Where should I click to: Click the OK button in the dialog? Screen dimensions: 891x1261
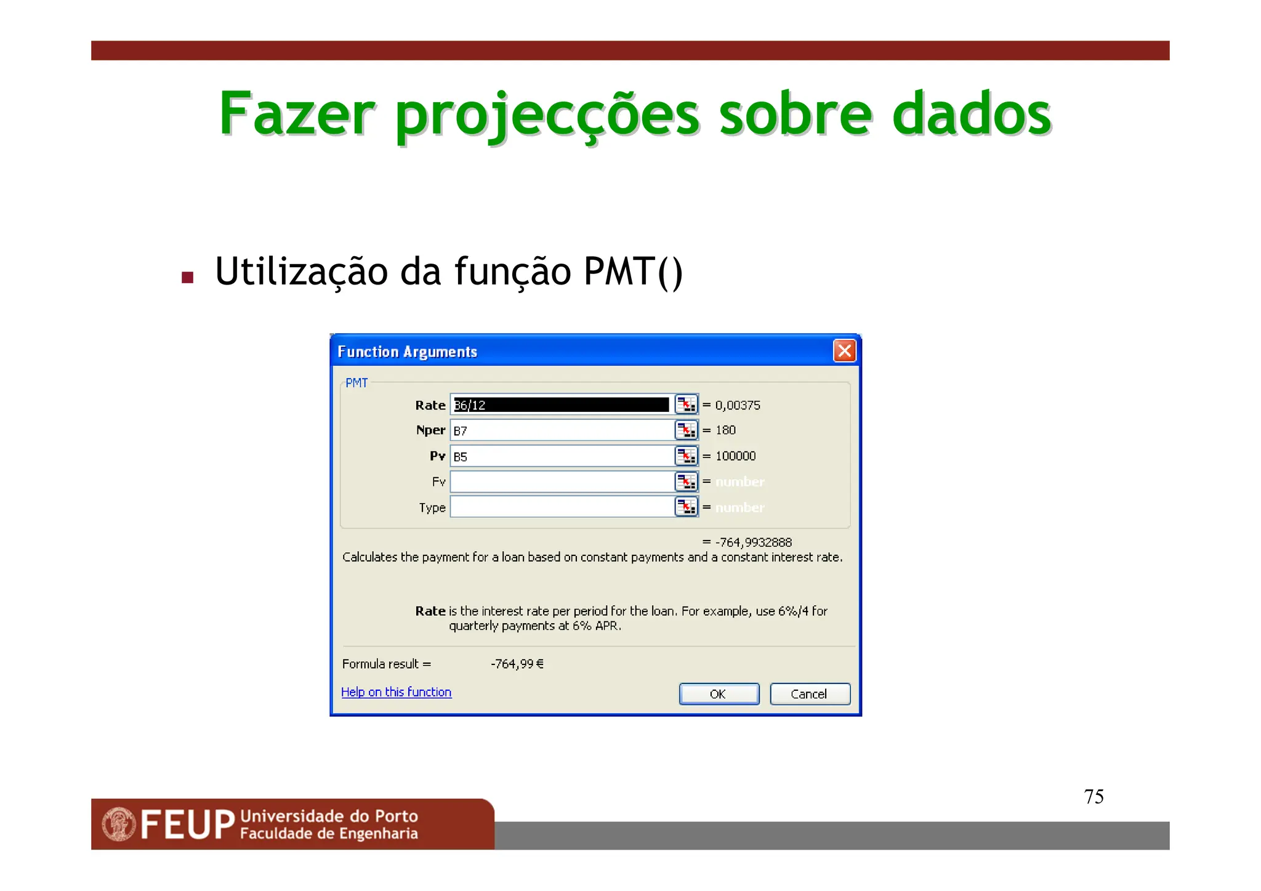[x=719, y=694]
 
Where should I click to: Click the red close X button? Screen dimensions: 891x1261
[x=844, y=351]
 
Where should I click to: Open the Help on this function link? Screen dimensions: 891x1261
[x=396, y=692]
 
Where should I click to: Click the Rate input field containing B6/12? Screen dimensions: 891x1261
[x=561, y=405]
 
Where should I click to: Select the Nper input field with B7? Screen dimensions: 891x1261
[x=561, y=430]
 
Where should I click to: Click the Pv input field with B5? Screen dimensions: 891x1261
[x=561, y=456]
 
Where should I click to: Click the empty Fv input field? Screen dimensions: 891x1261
[x=561, y=482]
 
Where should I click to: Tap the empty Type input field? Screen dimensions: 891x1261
[x=561, y=507]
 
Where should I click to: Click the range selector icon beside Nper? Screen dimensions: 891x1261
[x=686, y=430]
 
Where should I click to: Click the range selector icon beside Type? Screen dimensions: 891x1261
[x=686, y=507]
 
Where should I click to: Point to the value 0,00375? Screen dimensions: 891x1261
[x=738, y=405]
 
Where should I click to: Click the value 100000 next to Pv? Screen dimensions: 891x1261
[x=735, y=456]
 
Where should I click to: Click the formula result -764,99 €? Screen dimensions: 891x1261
[x=517, y=664]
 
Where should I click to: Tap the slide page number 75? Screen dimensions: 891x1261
[x=1094, y=797]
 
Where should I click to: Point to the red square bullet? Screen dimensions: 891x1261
[x=188, y=278]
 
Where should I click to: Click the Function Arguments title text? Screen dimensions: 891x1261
[x=407, y=352]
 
